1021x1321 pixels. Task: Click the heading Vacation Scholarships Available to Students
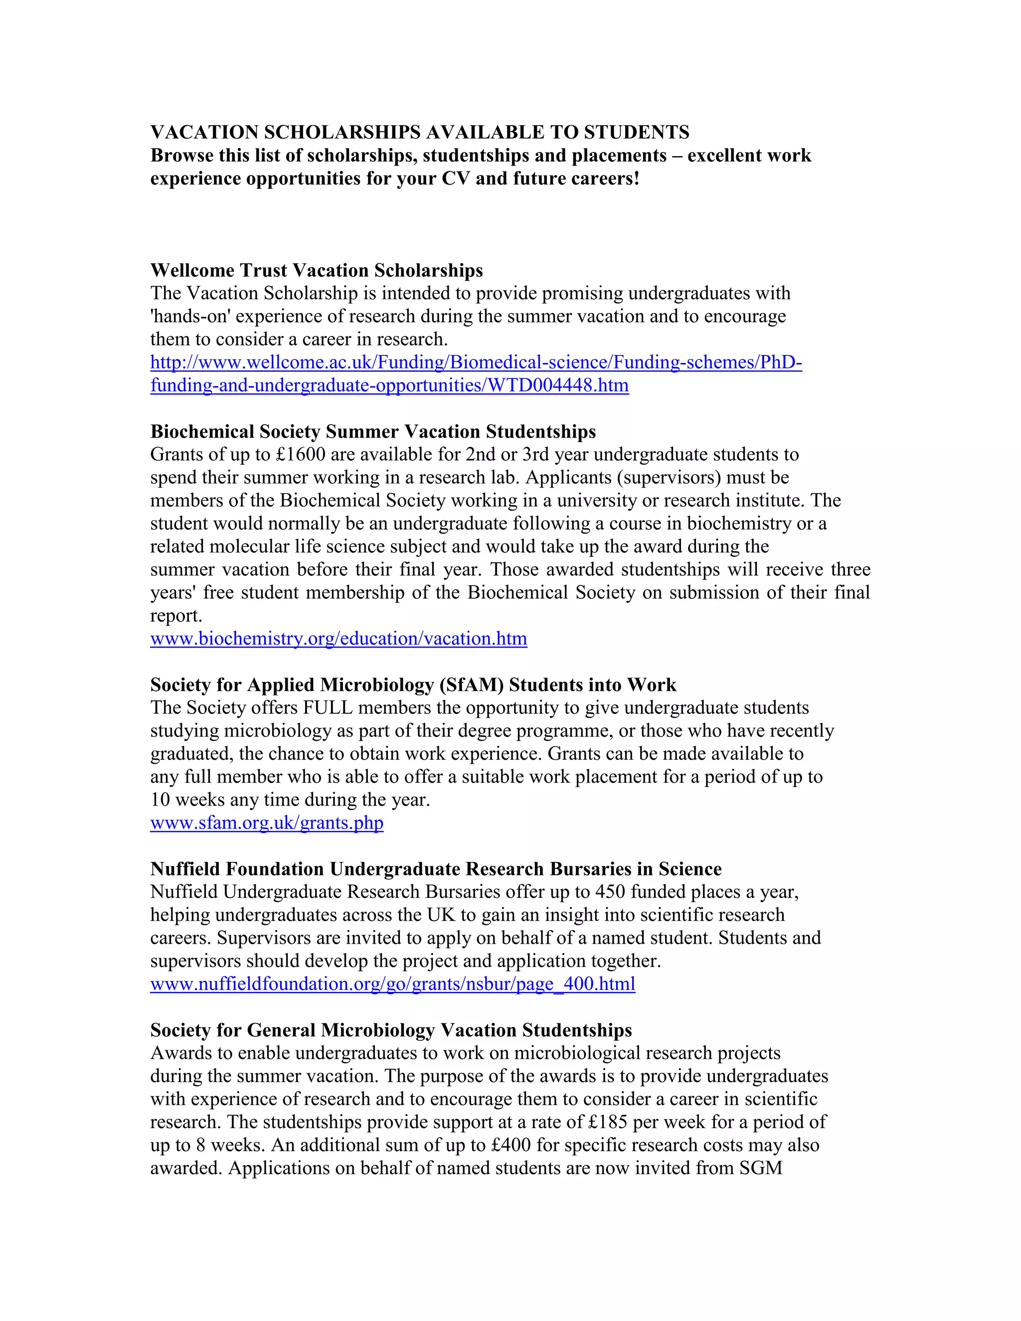coord(420,132)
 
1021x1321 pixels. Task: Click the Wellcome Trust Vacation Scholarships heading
coord(317,270)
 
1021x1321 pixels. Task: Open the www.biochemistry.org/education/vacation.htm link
coord(339,639)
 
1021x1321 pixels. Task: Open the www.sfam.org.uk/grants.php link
coord(267,823)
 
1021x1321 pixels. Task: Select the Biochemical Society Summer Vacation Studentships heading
coord(372,431)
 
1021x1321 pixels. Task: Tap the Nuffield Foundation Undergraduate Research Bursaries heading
coord(436,869)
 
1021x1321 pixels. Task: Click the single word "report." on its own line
coord(176,616)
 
